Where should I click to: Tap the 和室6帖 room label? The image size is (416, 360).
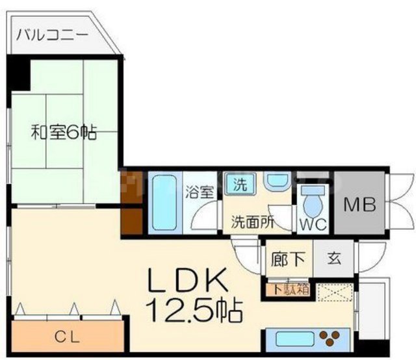(x=64, y=133)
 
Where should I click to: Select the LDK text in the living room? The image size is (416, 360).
(x=188, y=281)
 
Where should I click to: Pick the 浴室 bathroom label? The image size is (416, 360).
(x=198, y=192)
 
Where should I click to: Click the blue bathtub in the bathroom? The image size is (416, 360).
(x=166, y=202)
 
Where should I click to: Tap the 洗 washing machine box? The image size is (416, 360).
(x=240, y=184)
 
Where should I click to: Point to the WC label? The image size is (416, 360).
(x=311, y=225)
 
